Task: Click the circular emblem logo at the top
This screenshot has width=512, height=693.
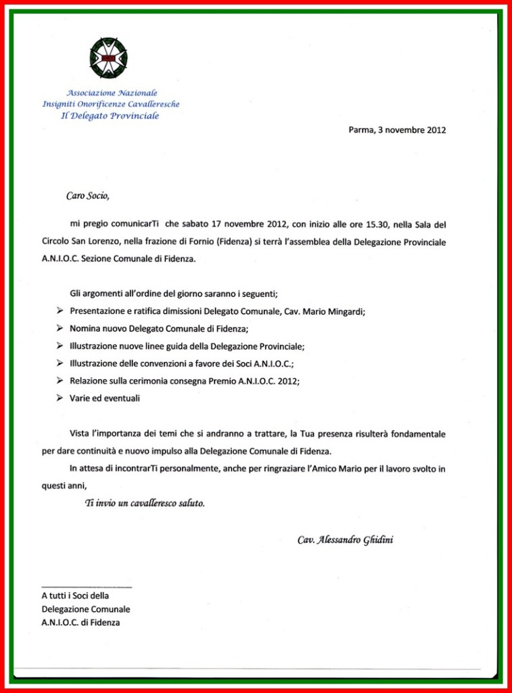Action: [108, 58]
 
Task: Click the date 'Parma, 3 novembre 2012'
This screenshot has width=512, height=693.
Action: [397, 130]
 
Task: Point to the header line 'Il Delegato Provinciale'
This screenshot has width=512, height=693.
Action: [110, 116]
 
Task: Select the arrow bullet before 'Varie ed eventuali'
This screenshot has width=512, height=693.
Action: [60, 399]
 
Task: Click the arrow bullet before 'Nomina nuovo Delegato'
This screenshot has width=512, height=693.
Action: [60, 328]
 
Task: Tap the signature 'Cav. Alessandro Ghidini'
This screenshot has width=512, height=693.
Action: [345, 540]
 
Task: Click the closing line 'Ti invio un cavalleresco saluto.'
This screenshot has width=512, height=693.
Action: [144, 504]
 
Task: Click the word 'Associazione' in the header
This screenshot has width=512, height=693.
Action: [91, 92]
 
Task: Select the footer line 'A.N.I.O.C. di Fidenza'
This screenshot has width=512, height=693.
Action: [80, 622]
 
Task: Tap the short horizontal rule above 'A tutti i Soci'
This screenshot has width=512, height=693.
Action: [87, 587]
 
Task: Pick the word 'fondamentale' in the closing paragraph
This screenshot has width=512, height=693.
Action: [419, 433]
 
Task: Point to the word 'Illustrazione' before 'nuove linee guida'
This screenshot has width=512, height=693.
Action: [93, 346]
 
